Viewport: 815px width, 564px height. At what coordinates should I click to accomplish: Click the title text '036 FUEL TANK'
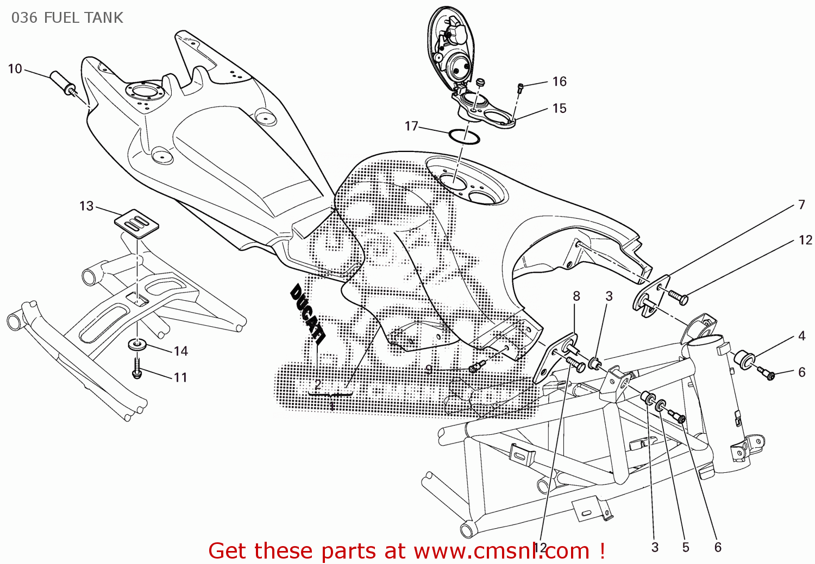67,18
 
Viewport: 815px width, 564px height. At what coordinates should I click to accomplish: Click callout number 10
15,69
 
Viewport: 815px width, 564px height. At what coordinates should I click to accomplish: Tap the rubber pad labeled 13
137,222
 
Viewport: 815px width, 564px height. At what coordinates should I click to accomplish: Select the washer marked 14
137,344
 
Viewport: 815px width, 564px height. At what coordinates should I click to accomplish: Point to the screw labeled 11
136,368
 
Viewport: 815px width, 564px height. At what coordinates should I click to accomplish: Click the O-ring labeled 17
464,137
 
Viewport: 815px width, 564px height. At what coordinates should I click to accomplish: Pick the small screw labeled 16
520,88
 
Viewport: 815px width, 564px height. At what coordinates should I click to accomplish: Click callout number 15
559,109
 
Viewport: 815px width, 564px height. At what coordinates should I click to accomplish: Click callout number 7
801,205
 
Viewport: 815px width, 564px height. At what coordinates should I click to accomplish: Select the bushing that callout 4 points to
743,359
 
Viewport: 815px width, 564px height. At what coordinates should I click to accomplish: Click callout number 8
576,296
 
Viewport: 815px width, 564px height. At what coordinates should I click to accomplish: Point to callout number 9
429,370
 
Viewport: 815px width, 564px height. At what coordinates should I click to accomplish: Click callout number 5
685,547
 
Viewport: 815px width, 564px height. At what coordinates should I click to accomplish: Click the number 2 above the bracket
318,384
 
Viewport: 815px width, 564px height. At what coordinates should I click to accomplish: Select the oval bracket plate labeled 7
651,296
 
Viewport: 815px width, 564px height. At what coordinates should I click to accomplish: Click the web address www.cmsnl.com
501,551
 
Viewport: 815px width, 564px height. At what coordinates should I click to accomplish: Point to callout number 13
86,206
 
